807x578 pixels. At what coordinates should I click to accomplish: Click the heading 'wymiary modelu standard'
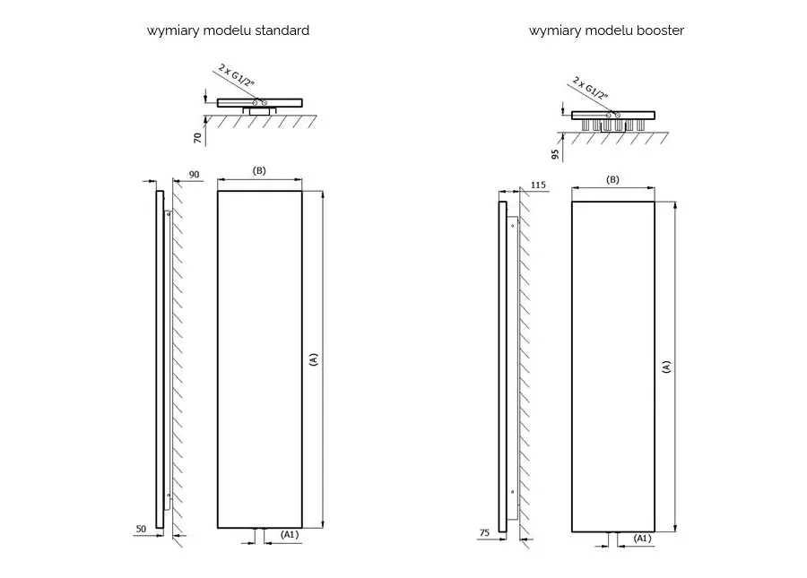coord(228,30)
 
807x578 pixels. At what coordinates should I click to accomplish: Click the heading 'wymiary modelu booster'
coord(606,30)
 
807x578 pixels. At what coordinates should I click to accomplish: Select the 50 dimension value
coord(140,530)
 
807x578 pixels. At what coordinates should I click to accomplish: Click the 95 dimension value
coord(556,153)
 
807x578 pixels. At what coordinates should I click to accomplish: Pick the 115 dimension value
coord(538,185)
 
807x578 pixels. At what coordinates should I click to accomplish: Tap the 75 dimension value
coord(484,533)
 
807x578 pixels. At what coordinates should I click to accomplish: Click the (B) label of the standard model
coord(260,171)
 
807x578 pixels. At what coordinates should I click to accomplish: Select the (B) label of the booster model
coord(612,179)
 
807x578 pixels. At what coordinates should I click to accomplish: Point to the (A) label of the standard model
coord(313,359)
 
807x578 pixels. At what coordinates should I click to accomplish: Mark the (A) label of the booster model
coord(665,366)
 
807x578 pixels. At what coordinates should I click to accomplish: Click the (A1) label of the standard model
coord(290,535)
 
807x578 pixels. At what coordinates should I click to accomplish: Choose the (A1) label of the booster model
coord(642,538)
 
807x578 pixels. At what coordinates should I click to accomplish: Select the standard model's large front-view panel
coord(259,358)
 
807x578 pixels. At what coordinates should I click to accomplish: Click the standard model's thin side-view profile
coord(160,358)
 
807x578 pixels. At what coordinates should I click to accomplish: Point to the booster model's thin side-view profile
coord(502,367)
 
